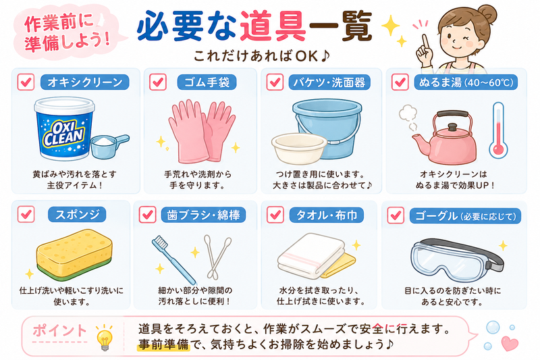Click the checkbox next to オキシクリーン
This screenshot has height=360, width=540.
click(x=26, y=82)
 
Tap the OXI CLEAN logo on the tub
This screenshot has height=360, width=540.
click(x=63, y=133)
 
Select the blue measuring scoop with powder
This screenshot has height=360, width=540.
click(x=109, y=145)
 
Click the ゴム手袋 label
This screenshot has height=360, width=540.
click(x=207, y=82)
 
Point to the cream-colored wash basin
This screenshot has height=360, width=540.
click(x=299, y=148)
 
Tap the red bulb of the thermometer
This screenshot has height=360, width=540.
click(x=498, y=149)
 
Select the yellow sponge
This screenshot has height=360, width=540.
click(x=74, y=253)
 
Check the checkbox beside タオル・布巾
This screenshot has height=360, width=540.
click(x=275, y=215)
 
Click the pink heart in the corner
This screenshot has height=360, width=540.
click(x=510, y=343)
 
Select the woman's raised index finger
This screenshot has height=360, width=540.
click(x=425, y=42)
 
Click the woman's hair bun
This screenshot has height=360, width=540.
click(x=486, y=14)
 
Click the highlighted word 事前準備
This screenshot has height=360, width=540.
click(x=164, y=344)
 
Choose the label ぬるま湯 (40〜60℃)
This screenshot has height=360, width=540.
click(x=466, y=82)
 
